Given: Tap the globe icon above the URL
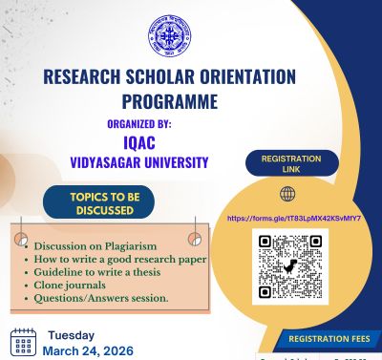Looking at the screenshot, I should [x=287, y=194].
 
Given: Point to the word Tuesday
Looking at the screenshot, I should [x=73, y=335].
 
